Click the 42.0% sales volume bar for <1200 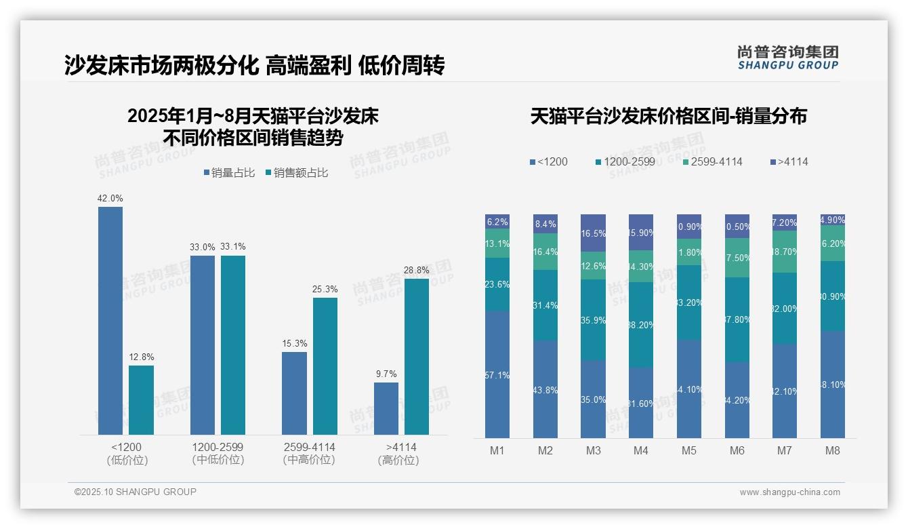pyautogui.click(x=110, y=320)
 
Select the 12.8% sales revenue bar pyautogui.click(x=141, y=400)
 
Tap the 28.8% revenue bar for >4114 pyautogui.click(x=417, y=357)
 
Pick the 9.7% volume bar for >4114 pyautogui.click(x=386, y=408)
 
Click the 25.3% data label pyautogui.click(x=325, y=290)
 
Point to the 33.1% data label pyautogui.click(x=233, y=247)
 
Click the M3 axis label pyautogui.click(x=593, y=451)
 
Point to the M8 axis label pyautogui.click(x=833, y=451)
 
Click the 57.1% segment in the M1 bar pyautogui.click(x=497, y=374)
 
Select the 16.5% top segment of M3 pyautogui.click(x=593, y=233)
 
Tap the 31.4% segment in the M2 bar pyautogui.click(x=545, y=305)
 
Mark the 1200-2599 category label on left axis pyautogui.click(x=218, y=454)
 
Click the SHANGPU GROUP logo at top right pyautogui.click(x=788, y=58)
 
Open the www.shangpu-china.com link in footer pyautogui.click(x=789, y=492)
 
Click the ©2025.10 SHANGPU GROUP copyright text pyautogui.click(x=136, y=492)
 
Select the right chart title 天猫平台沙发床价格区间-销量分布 pyautogui.click(x=668, y=117)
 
